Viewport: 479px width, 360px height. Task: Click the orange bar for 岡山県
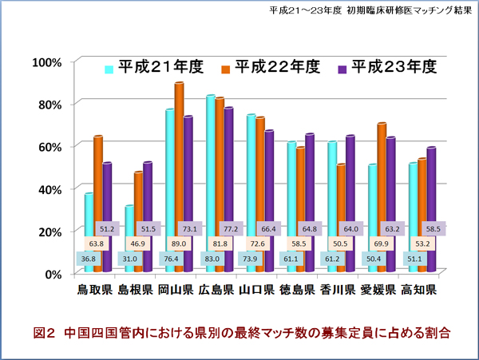[179, 160]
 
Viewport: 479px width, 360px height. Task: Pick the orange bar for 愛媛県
[382, 176]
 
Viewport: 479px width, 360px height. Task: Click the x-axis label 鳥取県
[94, 289]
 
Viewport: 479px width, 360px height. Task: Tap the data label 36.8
[89, 258]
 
